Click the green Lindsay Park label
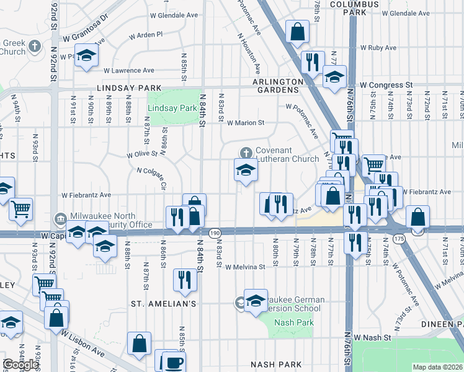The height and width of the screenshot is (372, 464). (x=172, y=108)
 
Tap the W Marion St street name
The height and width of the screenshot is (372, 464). (x=245, y=123)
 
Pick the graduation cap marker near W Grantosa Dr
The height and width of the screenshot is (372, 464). (x=87, y=55)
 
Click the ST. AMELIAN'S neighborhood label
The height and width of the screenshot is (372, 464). (x=163, y=304)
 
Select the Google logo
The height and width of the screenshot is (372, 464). (x=20, y=364)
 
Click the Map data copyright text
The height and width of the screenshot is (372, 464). (x=438, y=367)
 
